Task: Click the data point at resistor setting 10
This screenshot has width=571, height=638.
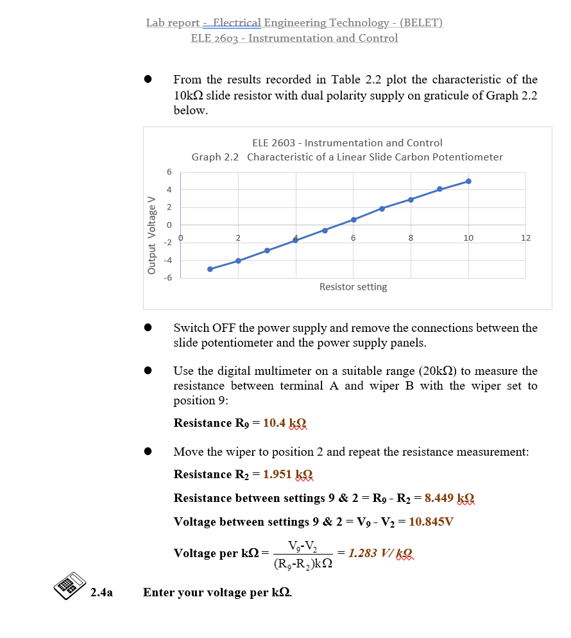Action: pos(468,181)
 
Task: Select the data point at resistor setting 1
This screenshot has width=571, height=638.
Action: pos(210,269)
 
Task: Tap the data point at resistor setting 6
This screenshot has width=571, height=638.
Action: pos(354,220)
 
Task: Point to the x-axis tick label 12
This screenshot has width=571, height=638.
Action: pos(525,237)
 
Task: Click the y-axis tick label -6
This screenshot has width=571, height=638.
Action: pos(167,278)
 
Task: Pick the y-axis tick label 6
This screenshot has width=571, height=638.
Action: pos(169,172)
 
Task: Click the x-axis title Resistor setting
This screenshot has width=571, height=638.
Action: pos(353,287)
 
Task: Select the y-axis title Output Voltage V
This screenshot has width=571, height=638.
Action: pos(152,234)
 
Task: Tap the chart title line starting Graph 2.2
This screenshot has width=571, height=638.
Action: pos(347,157)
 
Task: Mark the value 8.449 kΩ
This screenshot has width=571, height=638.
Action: pos(450,498)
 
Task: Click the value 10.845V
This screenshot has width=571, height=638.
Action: pos(431,522)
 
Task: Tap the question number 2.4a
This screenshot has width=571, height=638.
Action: pos(101,592)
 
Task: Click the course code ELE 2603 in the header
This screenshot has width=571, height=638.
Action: pos(217,38)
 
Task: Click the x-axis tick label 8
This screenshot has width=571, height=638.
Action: pos(411,237)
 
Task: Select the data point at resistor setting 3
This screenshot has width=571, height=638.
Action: pos(267,250)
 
